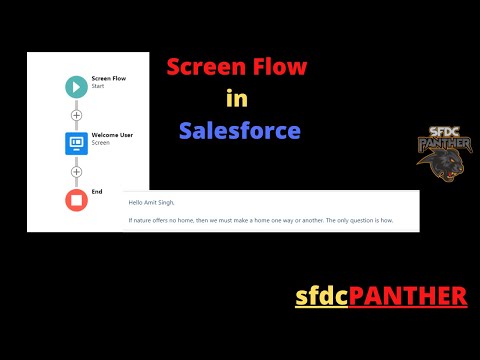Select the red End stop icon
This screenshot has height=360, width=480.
point(77,199)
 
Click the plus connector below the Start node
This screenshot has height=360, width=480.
point(77,115)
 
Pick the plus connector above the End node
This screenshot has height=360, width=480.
point(77,171)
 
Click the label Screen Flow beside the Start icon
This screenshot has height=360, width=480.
point(107,78)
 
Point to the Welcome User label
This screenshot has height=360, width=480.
point(112,134)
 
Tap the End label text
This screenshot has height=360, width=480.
point(97,190)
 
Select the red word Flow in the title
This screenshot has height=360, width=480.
point(280,69)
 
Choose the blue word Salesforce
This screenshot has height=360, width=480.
point(239,130)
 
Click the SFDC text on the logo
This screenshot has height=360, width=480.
point(443,130)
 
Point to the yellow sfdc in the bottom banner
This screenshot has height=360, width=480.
point(319,296)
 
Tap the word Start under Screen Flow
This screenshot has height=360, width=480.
point(98,87)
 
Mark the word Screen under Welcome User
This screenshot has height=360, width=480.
point(100,143)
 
